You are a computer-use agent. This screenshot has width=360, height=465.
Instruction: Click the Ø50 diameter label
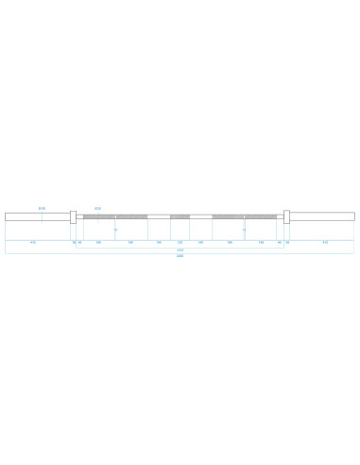(x=42, y=208)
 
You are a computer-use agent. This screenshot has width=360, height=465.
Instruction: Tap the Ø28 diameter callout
(x=97, y=208)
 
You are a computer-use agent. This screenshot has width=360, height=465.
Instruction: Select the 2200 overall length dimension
(x=180, y=256)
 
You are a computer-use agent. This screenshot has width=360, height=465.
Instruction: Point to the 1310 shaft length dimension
(x=180, y=250)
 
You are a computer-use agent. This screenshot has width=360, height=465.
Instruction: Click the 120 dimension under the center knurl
(x=180, y=242)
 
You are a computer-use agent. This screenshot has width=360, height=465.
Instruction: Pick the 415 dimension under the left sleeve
(x=33, y=242)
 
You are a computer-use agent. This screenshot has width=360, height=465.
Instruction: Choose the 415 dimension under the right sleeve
(x=325, y=242)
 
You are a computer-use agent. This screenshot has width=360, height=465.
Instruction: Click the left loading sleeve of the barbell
(x=37, y=216)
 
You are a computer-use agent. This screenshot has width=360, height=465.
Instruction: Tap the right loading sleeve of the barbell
(x=322, y=216)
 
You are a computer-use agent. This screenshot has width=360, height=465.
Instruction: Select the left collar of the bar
(x=73, y=216)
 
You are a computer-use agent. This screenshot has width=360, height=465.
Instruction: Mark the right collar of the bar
(x=285, y=216)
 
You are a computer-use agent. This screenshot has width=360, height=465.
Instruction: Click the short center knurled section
(x=180, y=216)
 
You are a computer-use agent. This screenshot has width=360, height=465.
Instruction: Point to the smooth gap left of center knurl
(x=159, y=216)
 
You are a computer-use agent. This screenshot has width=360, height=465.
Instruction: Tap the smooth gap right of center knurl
(x=200, y=216)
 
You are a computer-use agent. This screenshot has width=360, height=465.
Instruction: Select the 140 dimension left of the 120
(x=159, y=242)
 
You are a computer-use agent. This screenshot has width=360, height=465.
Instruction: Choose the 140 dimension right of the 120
(x=200, y=242)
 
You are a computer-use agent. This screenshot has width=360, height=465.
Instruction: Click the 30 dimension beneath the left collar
(x=74, y=242)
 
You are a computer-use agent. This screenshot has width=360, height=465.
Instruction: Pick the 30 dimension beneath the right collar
(x=287, y=242)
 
